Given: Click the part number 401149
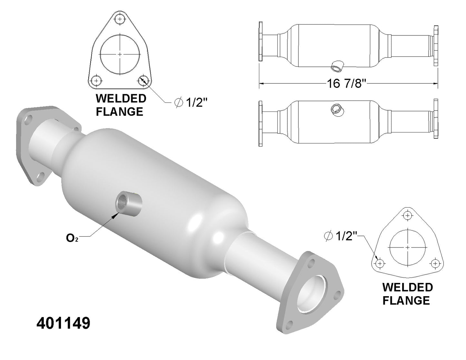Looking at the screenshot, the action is [x=63, y=323].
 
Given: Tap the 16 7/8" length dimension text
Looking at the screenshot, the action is [x=346, y=83].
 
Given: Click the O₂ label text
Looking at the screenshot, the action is [x=72, y=238].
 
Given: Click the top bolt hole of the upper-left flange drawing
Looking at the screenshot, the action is [x=120, y=19].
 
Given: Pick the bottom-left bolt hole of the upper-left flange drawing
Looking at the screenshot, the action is [x=96, y=81].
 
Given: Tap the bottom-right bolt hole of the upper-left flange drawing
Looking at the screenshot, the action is [x=143, y=81].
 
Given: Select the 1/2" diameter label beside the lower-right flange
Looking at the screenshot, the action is [x=340, y=236].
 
